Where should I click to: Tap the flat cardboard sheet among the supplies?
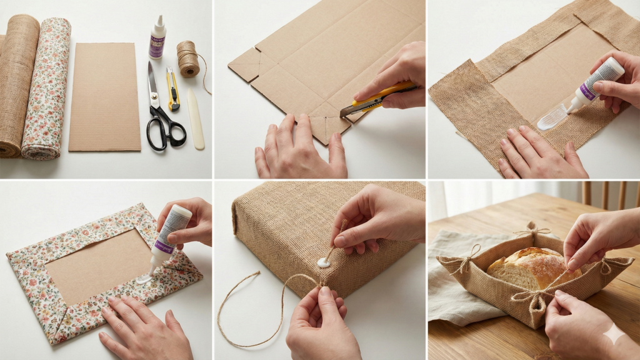coord(104,97)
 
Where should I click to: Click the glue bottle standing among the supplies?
coord(157,39)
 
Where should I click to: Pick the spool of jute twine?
coord(187,59)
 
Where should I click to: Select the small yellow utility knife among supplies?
coord(173,87)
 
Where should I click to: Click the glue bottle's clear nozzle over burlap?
coord(553,116)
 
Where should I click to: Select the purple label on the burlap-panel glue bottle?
coord(587,91)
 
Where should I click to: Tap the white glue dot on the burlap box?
coord(323,262)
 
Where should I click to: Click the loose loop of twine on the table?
coord(250,312)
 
